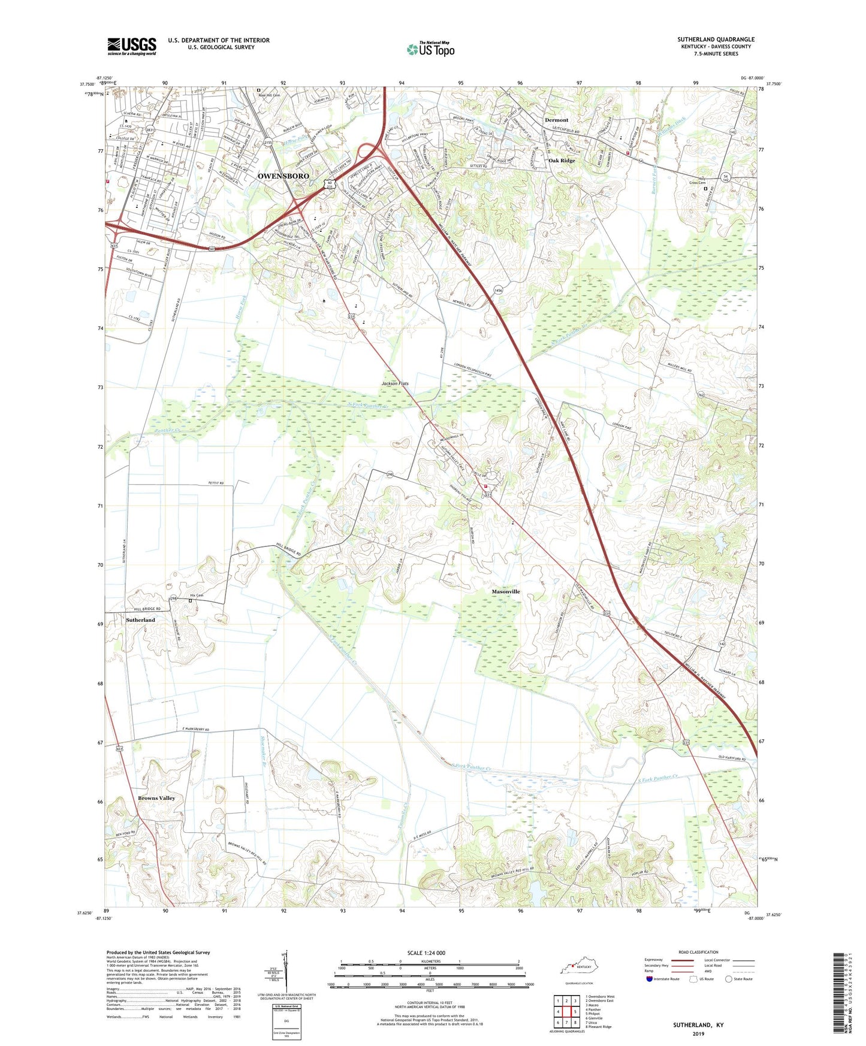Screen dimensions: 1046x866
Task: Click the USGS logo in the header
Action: tap(131, 46)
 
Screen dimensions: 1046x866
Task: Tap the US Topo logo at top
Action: tap(430, 49)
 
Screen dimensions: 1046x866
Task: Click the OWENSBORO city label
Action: tap(283, 176)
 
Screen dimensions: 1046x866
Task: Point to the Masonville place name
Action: tap(506, 591)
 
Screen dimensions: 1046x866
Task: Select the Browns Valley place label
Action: tap(156, 798)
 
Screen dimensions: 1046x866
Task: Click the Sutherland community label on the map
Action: tap(140, 620)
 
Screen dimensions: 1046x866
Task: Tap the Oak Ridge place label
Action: tap(562, 161)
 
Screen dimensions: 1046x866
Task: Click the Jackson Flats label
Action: tap(395, 383)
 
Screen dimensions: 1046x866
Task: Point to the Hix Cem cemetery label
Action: tap(197, 595)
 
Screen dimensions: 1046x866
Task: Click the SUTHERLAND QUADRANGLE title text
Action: tap(716, 40)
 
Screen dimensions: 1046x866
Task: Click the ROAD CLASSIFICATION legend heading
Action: tap(698, 952)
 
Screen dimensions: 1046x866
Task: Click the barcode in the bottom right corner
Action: tap(840, 999)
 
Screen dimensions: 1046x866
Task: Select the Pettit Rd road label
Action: tap(216, 483)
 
